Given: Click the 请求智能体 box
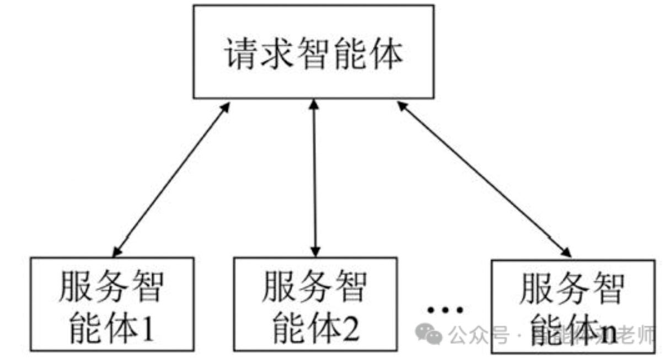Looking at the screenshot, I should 313,52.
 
